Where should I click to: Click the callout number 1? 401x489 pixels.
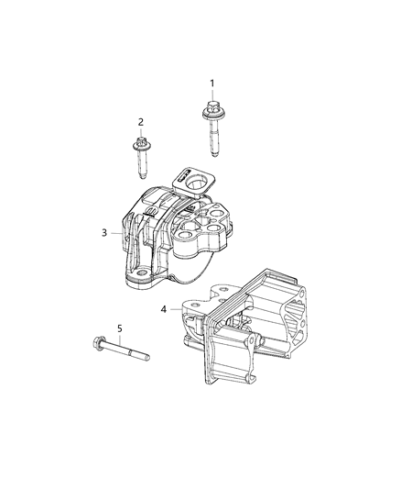click(x=212, y=83)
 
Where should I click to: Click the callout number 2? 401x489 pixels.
click(x=141, y=121)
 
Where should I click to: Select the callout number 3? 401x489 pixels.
click(x=105, y=232)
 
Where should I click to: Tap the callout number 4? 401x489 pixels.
click(x=163, y=309)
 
